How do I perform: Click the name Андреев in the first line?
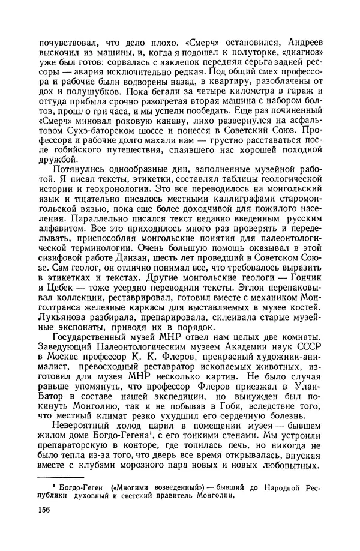(x=297, y=43)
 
